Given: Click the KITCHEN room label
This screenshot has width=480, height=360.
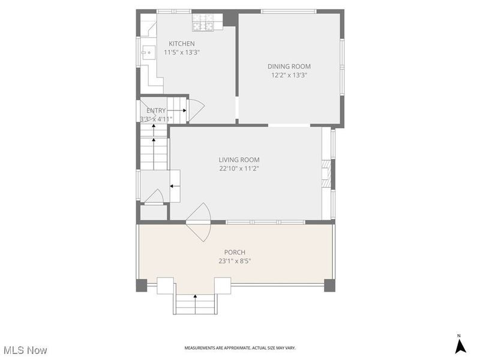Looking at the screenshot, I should (x=181, y=43).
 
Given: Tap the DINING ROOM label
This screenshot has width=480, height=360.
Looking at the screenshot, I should (x=289, y=66).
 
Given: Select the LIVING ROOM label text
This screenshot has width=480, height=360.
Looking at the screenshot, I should (x=239, y=160).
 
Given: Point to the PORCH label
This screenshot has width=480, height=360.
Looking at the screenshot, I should (x=235, y=252).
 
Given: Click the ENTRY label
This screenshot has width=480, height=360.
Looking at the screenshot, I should (x=156, y=110).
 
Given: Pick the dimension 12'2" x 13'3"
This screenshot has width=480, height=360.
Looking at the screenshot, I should (x=289, y=75).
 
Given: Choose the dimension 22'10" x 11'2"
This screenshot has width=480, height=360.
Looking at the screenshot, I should (x=239, y=169).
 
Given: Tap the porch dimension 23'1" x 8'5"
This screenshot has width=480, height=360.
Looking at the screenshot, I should (x=235, y=261).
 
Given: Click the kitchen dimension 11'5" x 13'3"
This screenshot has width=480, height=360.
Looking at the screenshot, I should (x=181, y=52).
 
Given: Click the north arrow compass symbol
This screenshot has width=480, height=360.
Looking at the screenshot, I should (x=460, y=345).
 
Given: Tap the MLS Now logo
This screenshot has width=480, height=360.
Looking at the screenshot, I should (x=25, y=349).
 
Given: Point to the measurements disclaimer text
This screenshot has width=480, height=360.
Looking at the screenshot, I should (x=239, y=348).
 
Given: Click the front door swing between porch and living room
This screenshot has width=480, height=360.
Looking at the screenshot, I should (x=200, y=217).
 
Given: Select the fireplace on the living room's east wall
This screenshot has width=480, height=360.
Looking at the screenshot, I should (x=326, y=173).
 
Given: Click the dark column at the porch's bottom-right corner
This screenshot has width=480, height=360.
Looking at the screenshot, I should (x=329, y=285).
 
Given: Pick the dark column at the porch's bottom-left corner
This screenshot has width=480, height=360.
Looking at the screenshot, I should (x=142, y=285).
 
